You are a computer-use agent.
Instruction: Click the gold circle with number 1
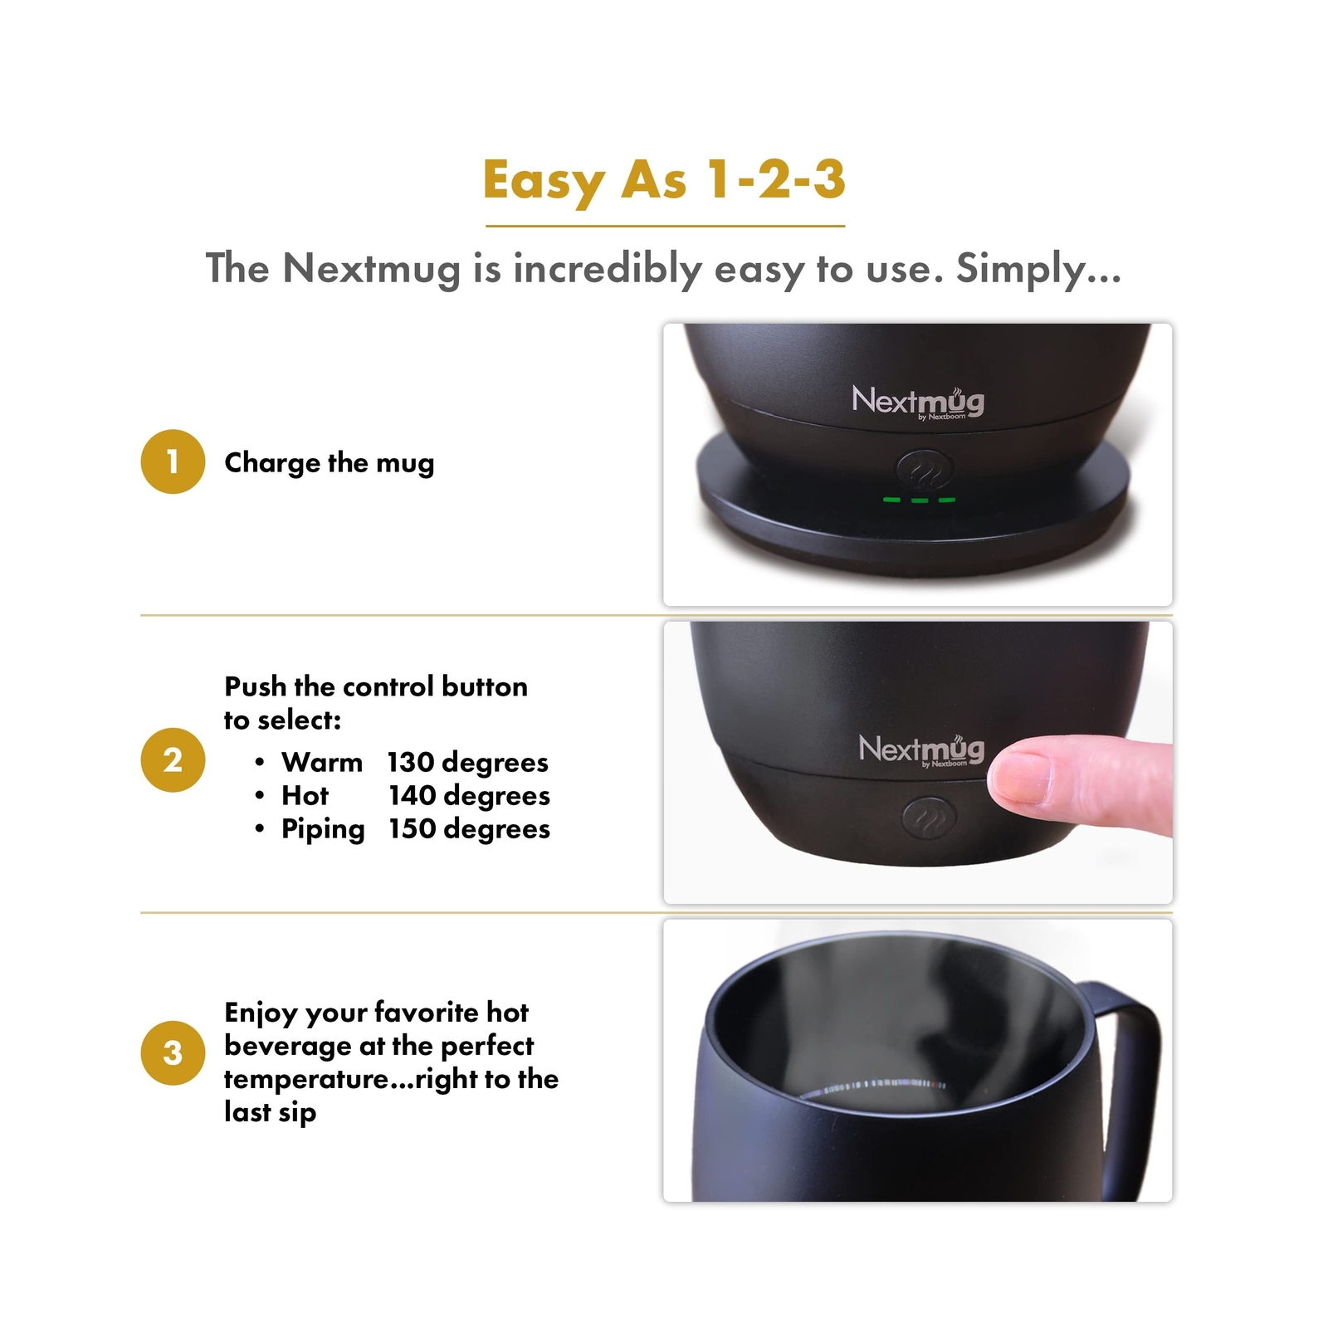pyautogui.click(x=173, y=461)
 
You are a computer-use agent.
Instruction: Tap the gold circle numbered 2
pyautogui.click(x=173, y=759)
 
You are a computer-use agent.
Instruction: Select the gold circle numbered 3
pyautogui.click(x=173, y=1052)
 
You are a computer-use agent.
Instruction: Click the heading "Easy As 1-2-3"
pyautogui.click(x=664, y=180)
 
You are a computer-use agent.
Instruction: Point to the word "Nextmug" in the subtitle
pyautogui.click(x=371, y=268)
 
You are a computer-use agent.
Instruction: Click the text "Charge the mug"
pyautogui.click(x=329, y=462)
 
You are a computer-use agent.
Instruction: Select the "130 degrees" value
pyautogui.click(x=467, y=762)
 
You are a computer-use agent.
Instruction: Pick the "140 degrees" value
pyautogui.click(x=469, y=795)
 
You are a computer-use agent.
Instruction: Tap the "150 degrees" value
pyautogui.click(x=469, y=828)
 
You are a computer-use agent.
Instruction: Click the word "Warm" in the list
pyautogui.click(x=322, y=762)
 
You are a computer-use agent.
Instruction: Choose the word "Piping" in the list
pyautogui.click(x=323, y=829)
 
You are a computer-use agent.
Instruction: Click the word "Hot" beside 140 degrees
pyautogui.click(x=305, y=795)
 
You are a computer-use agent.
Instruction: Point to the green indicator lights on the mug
pyautogui.click(x=920, y=500)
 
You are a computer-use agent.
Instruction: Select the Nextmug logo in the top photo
pyautogui.click(x=918, y=402)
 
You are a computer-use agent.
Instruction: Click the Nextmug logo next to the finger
pyautogui.click(x=921, y=749)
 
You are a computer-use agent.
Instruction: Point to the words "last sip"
pyautogui.click(x=270, y=1111)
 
